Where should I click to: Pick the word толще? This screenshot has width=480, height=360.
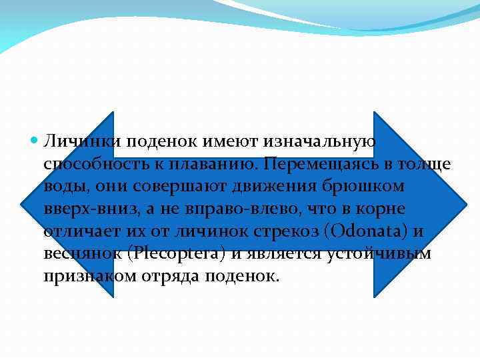[426, 164]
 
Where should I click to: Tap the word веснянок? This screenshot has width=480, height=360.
[80, 254]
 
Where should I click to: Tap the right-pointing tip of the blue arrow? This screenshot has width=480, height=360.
[465, 203]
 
